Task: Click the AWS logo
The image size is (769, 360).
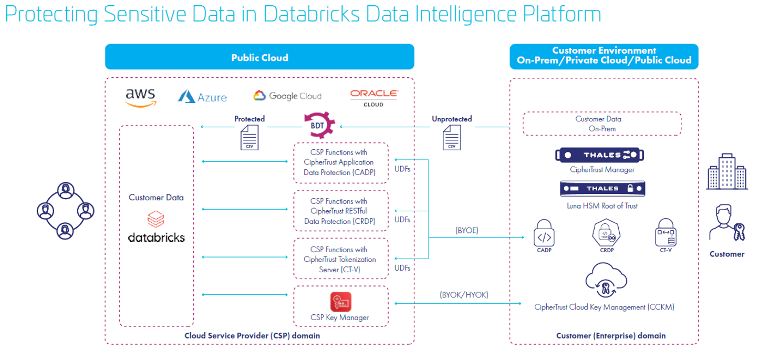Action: pos(140,97)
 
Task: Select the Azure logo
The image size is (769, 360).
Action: pos(202,97)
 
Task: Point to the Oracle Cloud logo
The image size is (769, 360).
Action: pos(373,97)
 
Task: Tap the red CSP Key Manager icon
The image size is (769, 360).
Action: pos(340,302)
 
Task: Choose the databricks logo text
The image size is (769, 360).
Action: pos(157,238)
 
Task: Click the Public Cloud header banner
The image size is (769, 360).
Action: pos(259,57)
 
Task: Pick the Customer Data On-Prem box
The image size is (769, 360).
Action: pos(601,124)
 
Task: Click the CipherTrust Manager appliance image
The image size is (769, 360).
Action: pos(599,155)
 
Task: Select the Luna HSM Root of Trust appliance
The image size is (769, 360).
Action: pos(602,188)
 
